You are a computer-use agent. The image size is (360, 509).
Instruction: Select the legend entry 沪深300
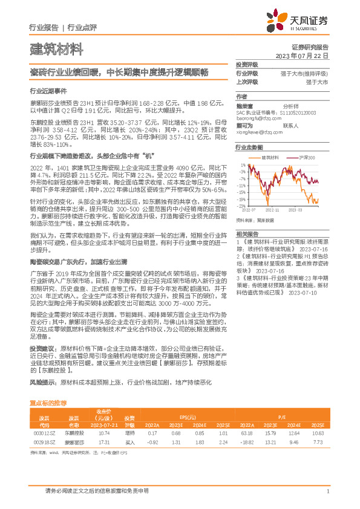(x=306, y=157)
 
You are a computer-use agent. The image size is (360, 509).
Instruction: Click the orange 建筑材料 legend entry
(x=268, y=157)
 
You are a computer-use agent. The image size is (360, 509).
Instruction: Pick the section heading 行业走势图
(x=249, y=147)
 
